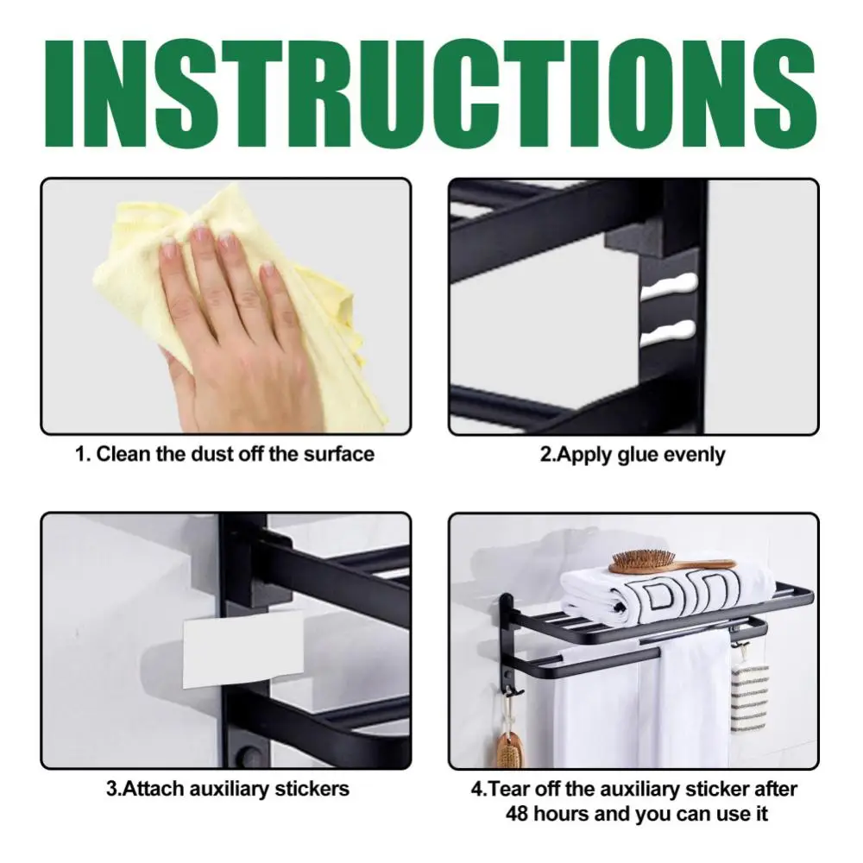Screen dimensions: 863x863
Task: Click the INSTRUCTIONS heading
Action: (431, 86)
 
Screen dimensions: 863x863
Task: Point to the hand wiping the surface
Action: (233, 319)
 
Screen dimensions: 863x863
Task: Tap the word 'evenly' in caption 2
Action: (696, 454)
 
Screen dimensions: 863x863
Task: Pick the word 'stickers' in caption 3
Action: (311, 788)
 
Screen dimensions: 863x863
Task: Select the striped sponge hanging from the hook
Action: (749, 683)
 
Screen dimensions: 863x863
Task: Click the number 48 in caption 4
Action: (517, 813)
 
